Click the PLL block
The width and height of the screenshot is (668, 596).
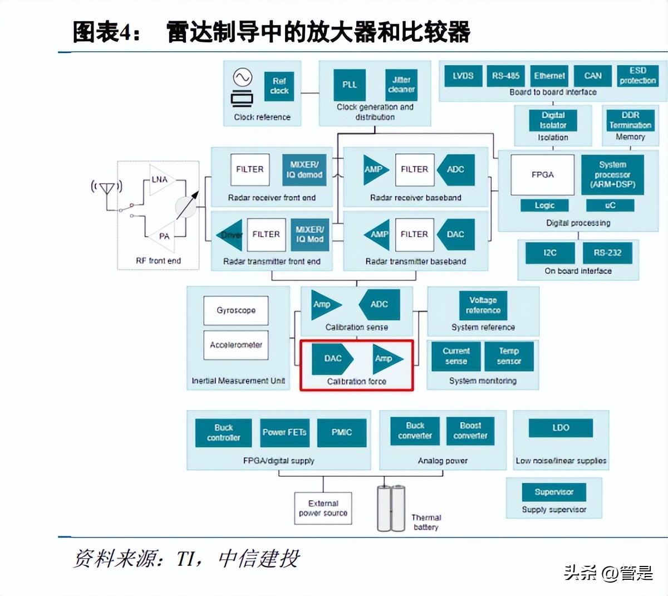[350, 85]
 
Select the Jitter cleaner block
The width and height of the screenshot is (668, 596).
[401, 85]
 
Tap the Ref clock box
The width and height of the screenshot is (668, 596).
[279, 86]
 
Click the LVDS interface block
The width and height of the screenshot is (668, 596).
[463, 76]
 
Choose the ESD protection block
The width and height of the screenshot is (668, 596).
[637, 76]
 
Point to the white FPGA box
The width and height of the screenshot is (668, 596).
[542, 175]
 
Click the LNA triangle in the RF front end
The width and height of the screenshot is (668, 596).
[160, 179]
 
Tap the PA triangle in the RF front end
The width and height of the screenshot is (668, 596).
[164, 236]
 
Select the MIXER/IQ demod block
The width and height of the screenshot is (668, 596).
[304, 169]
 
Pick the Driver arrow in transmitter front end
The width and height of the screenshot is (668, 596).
[229, 235]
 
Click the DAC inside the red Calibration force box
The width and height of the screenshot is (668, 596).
[332, 358]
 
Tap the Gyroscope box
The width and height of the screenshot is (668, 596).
[236, 310]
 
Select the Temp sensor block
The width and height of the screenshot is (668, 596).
[509, 356]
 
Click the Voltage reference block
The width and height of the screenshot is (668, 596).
[483, 305]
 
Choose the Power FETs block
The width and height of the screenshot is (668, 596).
[284, 432]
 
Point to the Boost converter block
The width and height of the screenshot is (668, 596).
[470, 431]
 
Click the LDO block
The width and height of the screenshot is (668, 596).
[561, 428]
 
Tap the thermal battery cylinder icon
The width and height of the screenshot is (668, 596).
[391, 508]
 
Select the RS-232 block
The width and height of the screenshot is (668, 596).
[607, 253]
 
